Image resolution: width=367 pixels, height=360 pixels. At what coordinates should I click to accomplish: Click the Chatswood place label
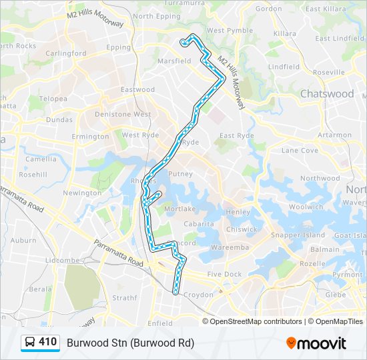click(x=327, y=94)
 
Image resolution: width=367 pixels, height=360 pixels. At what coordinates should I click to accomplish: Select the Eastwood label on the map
click(x=137, y=89)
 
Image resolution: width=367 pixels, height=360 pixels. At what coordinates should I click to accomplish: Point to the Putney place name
click(x=181, y=174)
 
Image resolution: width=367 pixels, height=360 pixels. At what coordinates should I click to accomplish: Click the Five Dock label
click(x=224, y=274)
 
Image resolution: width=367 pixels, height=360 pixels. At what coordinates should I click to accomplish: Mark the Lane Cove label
click(x=300, y=150)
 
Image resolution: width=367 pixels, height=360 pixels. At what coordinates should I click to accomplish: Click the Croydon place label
click(x=199, y=294)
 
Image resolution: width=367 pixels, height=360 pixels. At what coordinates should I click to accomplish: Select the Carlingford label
click(x=67, y=53)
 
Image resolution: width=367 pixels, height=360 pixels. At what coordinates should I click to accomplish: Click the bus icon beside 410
click(x=30, y=343)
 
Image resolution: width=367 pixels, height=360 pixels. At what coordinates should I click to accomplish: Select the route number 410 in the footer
click(x=47, y=342)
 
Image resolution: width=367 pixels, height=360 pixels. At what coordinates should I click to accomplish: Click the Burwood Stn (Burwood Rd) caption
click(x=130, y=343)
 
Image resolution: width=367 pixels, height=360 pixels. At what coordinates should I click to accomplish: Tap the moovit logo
click(x=316, y=343)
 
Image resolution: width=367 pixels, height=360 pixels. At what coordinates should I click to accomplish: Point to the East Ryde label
click(x=237, y=135)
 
